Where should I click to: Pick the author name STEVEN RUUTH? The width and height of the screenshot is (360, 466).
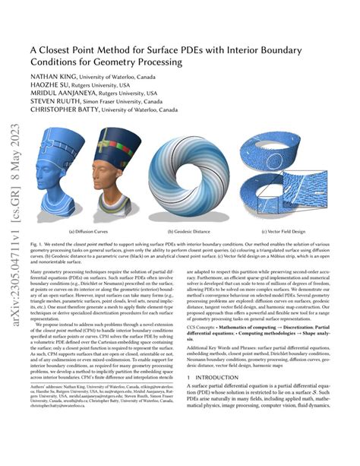(x=52, y=110)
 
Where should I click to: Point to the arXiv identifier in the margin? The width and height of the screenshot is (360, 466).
(x=14, y=228)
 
